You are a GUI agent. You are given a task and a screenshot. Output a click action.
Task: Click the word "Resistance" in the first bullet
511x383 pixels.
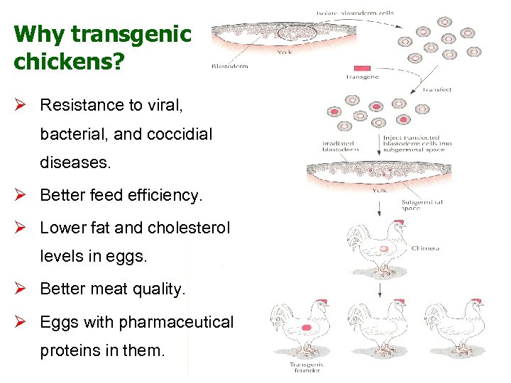point(82,105)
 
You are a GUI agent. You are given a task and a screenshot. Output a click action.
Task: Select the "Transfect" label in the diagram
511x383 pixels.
point(437,89)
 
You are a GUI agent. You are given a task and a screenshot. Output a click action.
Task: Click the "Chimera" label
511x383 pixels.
point(425,248)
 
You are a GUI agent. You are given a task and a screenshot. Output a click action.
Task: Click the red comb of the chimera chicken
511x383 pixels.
point(399,222)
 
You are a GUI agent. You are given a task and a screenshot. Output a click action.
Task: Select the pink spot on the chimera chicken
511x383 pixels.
point(383,249)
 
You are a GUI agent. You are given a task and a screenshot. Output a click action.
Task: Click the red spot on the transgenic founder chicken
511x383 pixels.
point(307,328)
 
